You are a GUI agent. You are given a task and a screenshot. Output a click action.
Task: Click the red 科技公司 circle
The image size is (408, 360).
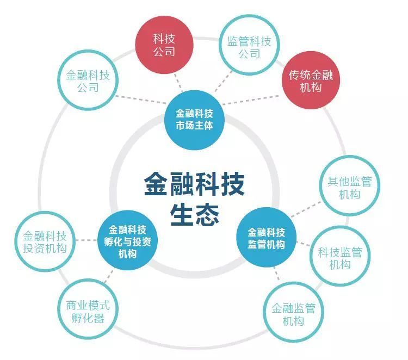point(164,45)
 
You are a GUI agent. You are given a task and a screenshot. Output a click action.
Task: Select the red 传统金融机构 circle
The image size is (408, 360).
point(311,80)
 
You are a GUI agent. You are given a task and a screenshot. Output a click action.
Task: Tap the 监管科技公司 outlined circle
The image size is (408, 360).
point(249,45)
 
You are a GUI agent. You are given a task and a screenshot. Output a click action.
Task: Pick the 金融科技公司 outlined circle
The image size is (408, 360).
point(88,80)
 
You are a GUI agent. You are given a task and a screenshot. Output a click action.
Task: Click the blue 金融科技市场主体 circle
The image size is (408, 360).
point(194,120)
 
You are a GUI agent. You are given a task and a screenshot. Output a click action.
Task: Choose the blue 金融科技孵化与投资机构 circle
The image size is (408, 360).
point(127,240)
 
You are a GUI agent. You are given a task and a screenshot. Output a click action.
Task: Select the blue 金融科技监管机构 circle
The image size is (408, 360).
point(266,237)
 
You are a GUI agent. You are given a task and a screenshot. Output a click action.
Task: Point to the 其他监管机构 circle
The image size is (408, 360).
point(350,186)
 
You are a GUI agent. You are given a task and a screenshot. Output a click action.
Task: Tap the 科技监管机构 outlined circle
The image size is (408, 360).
point(340,256)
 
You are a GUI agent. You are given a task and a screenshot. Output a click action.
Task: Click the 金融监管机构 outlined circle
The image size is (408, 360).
point(293,312)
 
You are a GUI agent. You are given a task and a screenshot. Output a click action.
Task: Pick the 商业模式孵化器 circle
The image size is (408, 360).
point(88,309)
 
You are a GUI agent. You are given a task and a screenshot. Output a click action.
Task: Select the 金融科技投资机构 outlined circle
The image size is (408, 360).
point(45,241)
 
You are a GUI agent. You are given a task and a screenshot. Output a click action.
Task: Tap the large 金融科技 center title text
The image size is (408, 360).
point(194,184)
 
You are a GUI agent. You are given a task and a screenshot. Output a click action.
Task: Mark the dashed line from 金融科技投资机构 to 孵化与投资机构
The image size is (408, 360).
point(86,240)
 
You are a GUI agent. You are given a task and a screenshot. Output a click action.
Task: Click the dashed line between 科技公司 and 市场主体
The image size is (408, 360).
point(178,82)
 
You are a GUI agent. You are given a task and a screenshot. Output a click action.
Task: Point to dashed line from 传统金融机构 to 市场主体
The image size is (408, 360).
point(251,100)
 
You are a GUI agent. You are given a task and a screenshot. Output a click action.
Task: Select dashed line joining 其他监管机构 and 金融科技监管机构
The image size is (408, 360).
point(306,210)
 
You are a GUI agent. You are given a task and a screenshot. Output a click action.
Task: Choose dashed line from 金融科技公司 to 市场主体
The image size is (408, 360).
point(141,100)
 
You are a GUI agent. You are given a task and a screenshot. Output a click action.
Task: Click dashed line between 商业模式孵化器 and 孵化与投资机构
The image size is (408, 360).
point(109,276)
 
